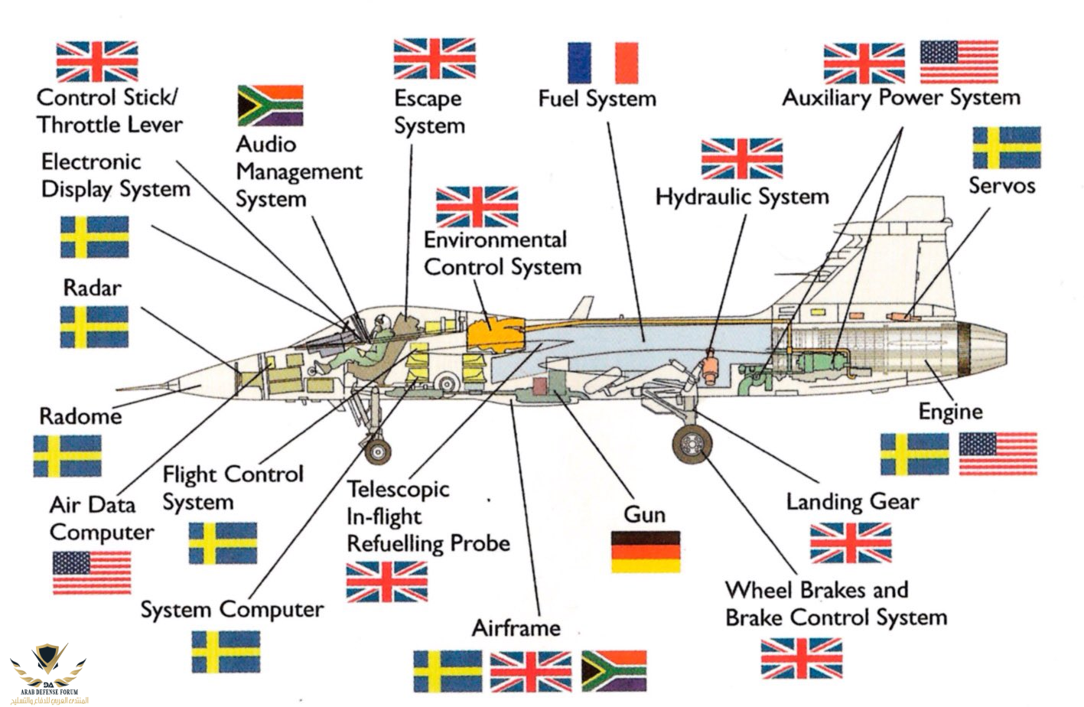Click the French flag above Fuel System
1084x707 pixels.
(602, 63)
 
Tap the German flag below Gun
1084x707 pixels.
(645, 552)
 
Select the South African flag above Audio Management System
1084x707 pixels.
(270, 106)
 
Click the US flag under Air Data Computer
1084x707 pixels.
(92, 572)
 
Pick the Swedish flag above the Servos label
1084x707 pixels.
(1006, 148)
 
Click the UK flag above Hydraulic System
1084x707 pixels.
(741, 158)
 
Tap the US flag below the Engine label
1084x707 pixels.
(998, 454)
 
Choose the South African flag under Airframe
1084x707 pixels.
(614, 671)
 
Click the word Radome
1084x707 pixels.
(80, 416)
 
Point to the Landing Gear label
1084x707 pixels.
(852, 502)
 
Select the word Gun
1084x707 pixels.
(644, 514)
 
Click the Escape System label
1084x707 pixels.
(428, 112)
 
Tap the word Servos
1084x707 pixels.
(1001, 185)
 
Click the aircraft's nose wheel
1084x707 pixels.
(377, 451)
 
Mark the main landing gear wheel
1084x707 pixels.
(692, 444)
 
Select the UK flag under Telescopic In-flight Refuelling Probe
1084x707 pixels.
(386, 582)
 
